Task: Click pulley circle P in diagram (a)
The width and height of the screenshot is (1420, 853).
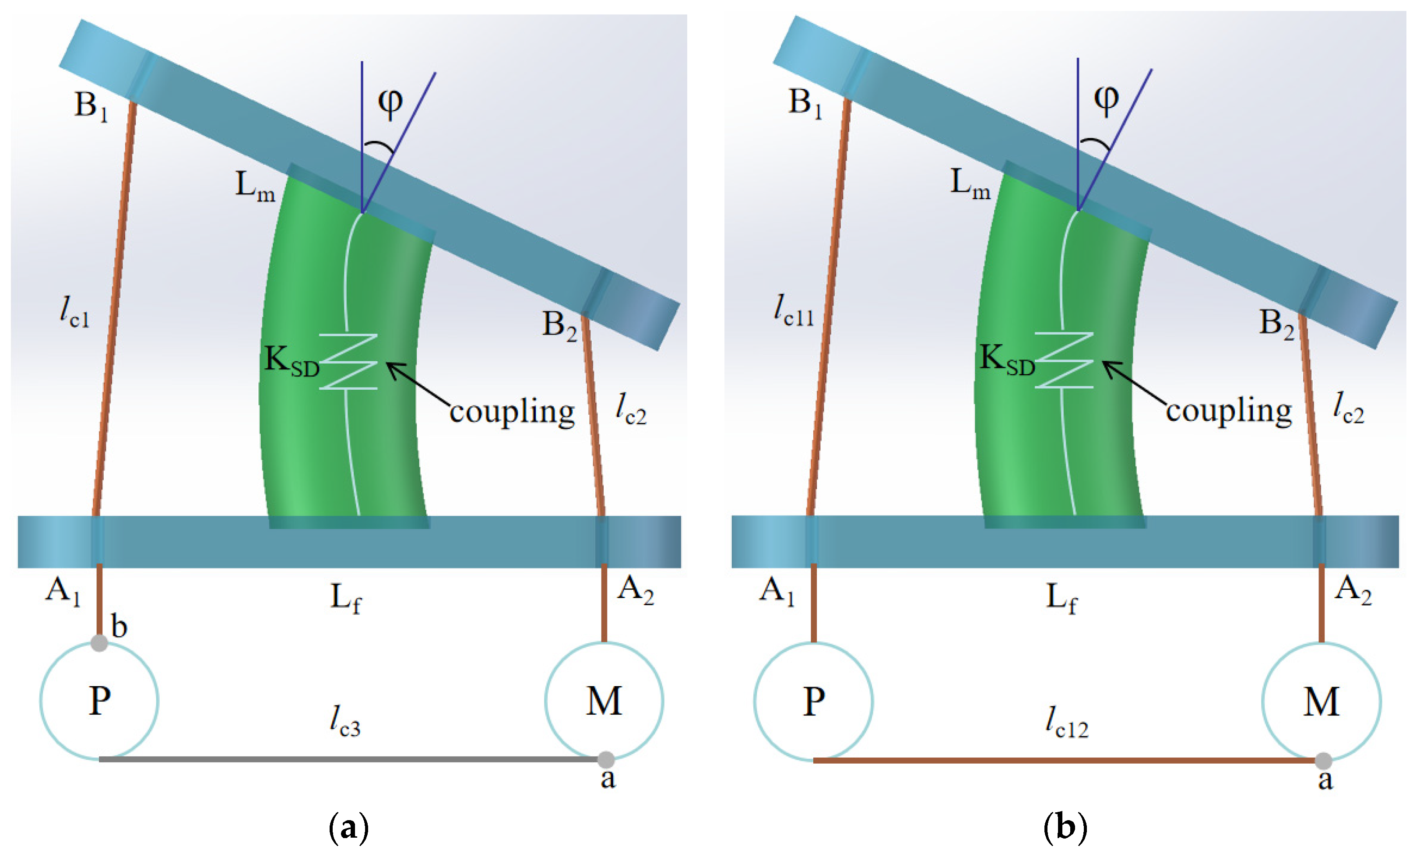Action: (x=99, y=701)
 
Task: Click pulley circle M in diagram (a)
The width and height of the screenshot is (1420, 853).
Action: (x=604, y=701)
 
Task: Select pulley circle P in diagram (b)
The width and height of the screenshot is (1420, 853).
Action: (x=813, y=701)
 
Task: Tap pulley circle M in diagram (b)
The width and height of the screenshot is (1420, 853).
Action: (x=1321, y=701)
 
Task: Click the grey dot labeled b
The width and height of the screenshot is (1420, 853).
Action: (x=99, y=643)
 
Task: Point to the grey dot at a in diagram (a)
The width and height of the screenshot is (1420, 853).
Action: (x=606, y=760)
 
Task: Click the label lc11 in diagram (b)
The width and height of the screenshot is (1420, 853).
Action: (x=794, y=311)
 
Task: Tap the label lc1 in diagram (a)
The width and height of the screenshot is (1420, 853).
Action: (x=75, y=313)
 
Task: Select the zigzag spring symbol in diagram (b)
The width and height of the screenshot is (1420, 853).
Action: (x=1064, y=360)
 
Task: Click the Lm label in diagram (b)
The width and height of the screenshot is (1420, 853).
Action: (x=970, y=184)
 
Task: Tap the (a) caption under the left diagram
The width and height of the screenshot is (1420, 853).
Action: (x=348, y=828)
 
